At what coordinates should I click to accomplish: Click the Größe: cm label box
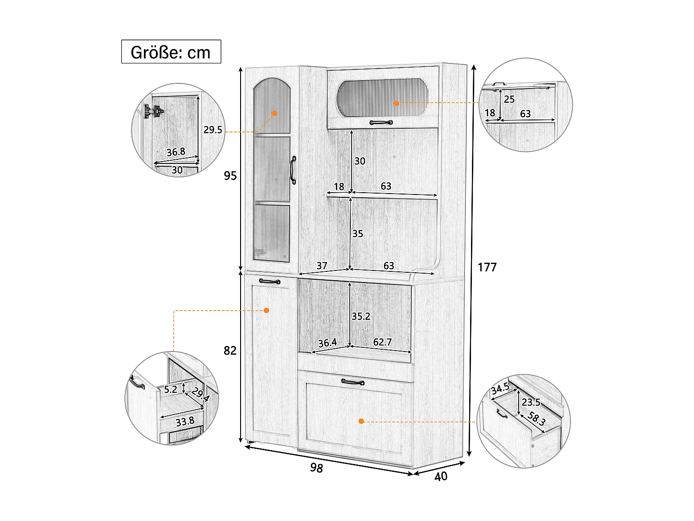click(171, 51)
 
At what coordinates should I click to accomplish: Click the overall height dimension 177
click(487, 267)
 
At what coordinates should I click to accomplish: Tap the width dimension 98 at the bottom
click(316, 468)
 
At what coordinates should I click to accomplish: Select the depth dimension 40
click(441, 477)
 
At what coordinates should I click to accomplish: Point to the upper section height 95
click(230, 176)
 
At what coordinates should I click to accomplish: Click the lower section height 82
click(230, 351)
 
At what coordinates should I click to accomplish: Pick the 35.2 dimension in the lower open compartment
click(361, 316)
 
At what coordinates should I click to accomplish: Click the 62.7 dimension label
click(382, 342)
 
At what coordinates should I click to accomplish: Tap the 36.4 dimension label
click(328, 343)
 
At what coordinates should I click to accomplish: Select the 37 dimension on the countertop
click(322, 266)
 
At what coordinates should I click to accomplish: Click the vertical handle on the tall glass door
click(293, 170)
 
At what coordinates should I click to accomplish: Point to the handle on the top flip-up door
click(381, 122)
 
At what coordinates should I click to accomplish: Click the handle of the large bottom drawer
click(353, 382)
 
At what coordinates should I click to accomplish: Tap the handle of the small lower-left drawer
click(270, 281)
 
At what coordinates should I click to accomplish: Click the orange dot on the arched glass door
click(274, 113)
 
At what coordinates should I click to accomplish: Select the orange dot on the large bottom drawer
click(361, 421)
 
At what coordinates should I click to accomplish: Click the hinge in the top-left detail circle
click(154, 111)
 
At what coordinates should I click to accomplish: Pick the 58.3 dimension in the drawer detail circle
click(537, 419)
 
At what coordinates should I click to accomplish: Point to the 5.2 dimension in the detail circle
click(170, 389)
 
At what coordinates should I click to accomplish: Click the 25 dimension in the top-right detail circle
click(509, 99)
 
